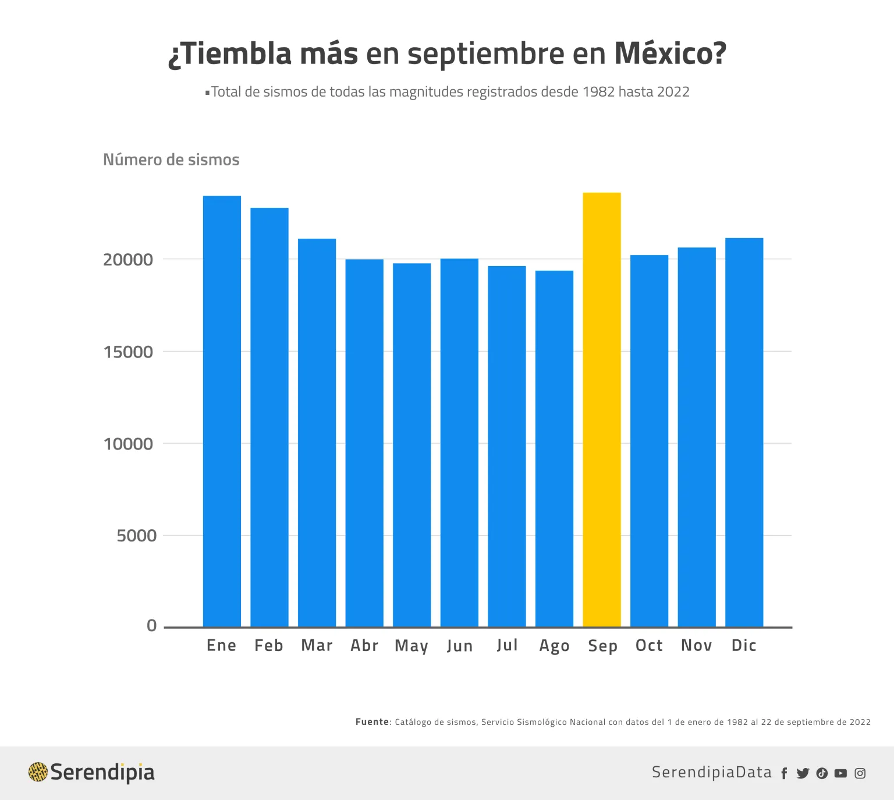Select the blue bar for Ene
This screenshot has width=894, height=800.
pyautogui.click(x=222, y=411)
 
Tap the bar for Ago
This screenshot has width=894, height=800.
pyautogui.click(x=554, y=448)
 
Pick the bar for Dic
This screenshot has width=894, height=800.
pyautogui.click(x=744, y=432)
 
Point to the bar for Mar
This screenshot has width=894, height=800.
pyautogui.click(x=317, y=433)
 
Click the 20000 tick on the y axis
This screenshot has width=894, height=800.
pyautogui.click(x=128, y=260)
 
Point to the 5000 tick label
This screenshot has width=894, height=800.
pyautogui.click(x=137, y=536)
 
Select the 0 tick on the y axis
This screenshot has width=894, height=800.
pyautogui.click(x=152, y=626)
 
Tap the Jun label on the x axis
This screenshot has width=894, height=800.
pyautogui.click(x=460, y=646)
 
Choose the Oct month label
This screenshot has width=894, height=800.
pyautogui.click(x=649, y=645)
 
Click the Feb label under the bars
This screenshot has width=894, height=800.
pyautogui.click(x=269, y=645)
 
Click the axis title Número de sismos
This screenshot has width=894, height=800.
pyautogui.click(x=171, y=160)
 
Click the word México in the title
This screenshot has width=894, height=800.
pyautogui.click(x=670, y=53)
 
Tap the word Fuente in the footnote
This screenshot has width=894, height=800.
pyautogui.click(x=372, y=722)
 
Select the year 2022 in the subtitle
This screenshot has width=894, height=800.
pyautogui.click(x=673, y=92)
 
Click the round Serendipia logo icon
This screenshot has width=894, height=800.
pyautogui.click(x=38, y=772)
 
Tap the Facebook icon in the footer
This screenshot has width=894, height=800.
pyautogui.click(x=784, y=773)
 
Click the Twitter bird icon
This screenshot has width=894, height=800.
pyautogui.click(x=803, y=773)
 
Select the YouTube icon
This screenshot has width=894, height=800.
pyautogui.click(x=840, y=773)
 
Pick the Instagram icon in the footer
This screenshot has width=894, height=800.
pyautogui.click(x=860, y=773)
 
